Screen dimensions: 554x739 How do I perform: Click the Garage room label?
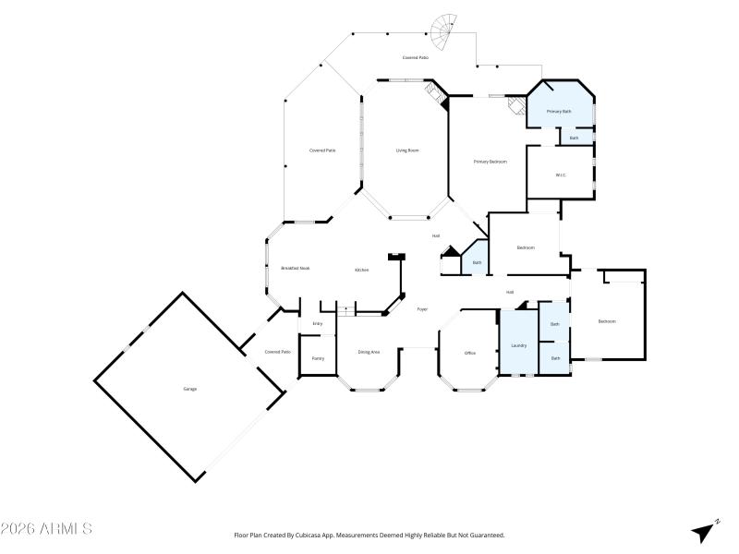189,389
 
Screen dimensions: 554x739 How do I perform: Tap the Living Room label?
407,150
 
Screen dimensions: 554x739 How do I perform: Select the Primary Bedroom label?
491,162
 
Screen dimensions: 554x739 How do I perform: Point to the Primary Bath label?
559,112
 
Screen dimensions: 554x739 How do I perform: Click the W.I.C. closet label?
561,175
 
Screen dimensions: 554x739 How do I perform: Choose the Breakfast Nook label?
295,268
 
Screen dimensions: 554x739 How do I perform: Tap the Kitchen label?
362,270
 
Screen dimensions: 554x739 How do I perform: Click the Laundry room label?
518,346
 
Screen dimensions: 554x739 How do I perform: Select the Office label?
469,353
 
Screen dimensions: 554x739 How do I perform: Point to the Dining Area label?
369,352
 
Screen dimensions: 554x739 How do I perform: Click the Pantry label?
317,358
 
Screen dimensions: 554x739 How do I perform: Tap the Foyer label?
422,309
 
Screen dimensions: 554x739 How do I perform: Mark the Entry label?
317,323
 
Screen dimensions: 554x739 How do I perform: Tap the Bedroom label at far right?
607,321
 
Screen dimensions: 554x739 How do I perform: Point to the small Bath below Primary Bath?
574,138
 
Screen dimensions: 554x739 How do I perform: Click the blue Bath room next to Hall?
477,263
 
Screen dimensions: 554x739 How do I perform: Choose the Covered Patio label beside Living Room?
321,150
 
